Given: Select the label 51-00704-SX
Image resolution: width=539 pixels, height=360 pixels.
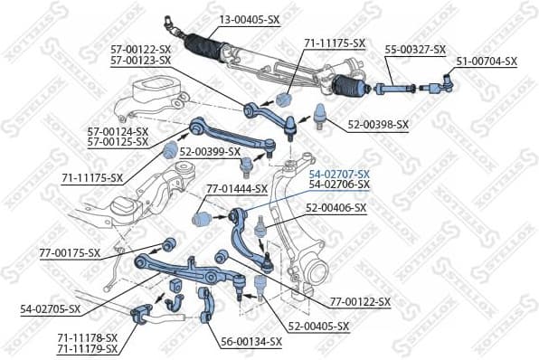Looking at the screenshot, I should (487, 61).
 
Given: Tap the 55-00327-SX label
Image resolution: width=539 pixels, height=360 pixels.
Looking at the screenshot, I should (416, 49).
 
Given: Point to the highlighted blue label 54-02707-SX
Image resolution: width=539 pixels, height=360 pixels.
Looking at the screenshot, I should (339, 174).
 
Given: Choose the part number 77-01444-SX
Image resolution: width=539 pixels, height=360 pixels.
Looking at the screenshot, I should (237, 188).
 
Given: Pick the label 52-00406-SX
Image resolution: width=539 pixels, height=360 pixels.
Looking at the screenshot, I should (336, 207).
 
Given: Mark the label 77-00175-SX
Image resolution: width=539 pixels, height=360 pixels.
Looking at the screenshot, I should (70, 252).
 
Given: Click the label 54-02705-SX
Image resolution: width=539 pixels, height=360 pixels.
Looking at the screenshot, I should (51, 308).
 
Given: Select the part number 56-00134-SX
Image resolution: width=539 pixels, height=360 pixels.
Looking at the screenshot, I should (251, 341).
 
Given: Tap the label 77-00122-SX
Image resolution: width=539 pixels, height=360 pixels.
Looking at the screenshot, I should (360, 301).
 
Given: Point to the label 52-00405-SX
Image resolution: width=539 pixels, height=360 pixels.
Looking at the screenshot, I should (320, 325).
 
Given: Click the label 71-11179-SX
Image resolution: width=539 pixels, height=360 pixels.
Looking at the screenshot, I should (87, 348).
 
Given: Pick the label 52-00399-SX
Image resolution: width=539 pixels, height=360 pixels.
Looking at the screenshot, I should (210, 151).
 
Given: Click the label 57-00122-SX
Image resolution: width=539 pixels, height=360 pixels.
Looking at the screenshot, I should (140, 49).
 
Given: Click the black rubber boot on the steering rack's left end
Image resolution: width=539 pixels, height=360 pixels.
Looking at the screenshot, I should (203, 50).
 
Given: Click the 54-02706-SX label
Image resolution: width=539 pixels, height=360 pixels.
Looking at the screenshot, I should (339, 185).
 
